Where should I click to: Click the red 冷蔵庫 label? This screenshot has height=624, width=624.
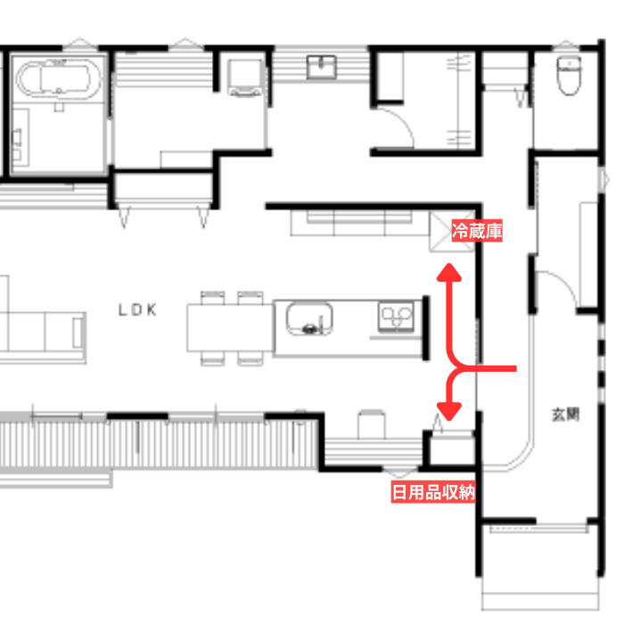coord(477,230)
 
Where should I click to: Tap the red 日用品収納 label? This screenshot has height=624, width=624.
coord(433,492)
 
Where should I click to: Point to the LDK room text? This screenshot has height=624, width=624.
coord(137,310)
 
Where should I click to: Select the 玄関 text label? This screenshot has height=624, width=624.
coord(565,415)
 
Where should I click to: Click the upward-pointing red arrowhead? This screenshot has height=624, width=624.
coord(449,273)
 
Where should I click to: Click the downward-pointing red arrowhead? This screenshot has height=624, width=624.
coord(449,412)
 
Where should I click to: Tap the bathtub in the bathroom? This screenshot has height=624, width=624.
coord(59,78)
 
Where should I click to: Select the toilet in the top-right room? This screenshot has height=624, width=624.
coord(569,75)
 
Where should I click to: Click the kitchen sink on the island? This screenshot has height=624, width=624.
coord(309,319)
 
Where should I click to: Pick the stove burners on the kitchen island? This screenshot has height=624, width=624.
coord(397,317)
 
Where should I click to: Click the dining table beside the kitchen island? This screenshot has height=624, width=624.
coord(230,328)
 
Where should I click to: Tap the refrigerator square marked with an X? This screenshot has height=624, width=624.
coord(452,232)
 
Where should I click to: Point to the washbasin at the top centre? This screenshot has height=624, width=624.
coord(322,67)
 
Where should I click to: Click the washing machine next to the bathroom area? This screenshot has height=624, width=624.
coord(245,78)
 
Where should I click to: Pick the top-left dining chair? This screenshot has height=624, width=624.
coord(212,298)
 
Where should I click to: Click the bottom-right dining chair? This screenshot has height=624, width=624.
coord(250,358)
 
